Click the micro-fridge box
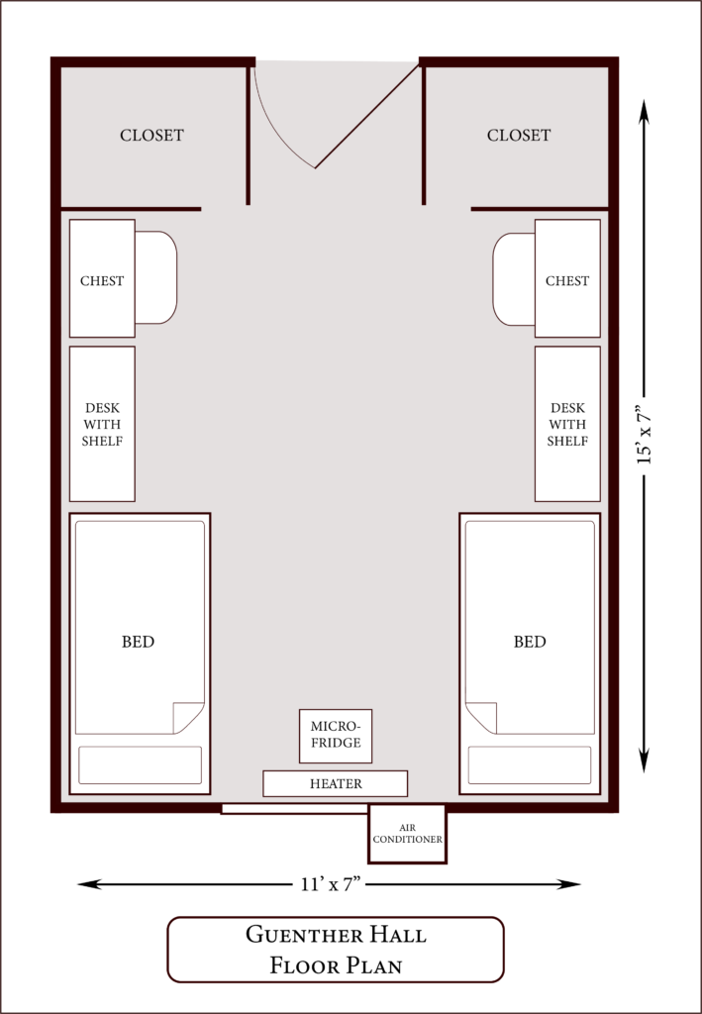(x=336, y=736)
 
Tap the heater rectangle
(x=335, y=784)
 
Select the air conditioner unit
(x=407, y=834)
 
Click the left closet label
(x=151, y=135)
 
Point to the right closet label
(x=519, y=135)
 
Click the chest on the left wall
(x=102, y=278)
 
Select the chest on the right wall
(x=567, y=278)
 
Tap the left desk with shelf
(x=102, y=424)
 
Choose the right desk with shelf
(x=567, y=424)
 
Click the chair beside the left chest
(x=156, y=277)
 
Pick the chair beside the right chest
(x=514, y=278)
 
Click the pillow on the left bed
(x=141, y=765)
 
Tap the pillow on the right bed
(x=530, y=765)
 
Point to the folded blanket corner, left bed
(x=188, y=718)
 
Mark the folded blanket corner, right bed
(x=481, y=718)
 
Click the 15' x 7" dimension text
(x=644, y=435)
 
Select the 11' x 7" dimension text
(x=330, y=884)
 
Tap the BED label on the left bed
(x=139, y=642)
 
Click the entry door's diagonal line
(x=367, y=116)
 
